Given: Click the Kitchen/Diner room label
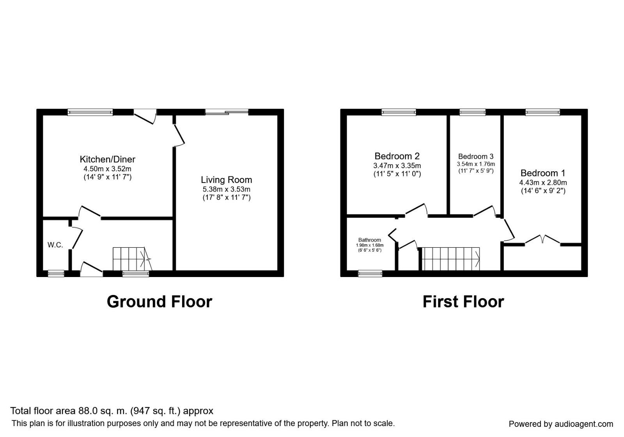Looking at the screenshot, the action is [x=108, y=160].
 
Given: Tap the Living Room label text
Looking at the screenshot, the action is [x=227, y=180].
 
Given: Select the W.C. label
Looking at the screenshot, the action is [x=55, y=245].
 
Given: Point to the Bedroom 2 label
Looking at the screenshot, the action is [x=397, y=156].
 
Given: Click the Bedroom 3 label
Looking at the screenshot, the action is [x=476, y=156].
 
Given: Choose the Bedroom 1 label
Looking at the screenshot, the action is [x=543, y=173].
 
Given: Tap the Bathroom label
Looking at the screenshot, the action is [x=369, y=240].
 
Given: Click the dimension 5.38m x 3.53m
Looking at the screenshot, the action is [x=227, y=190].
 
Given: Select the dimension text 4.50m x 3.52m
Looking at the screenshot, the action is [x=108, y=169].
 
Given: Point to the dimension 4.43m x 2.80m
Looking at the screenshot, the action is [x=543, y=183].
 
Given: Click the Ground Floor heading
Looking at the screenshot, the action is [x=160, y=302].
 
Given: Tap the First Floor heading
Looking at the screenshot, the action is [x=463, y=302].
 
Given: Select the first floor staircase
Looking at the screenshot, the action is [x=451, y=259].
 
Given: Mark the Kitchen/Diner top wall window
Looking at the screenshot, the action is [x=90, y=112].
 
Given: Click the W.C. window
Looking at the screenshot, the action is [x=56, y=274].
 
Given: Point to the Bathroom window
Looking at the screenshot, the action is [x=370, y=274].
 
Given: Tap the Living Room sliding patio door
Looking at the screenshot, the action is [x=227, y=112].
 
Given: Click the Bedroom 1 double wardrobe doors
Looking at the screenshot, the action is [x=542, y=240].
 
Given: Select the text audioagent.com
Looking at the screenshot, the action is [x=584, y=424].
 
